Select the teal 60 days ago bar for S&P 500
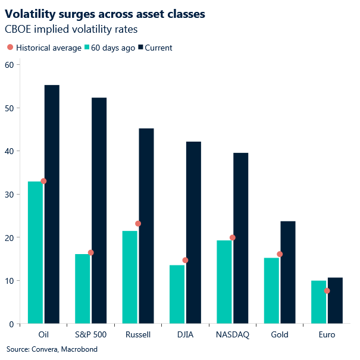83,289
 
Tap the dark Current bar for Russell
146,226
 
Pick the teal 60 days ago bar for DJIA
177,294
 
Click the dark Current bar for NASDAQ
241,238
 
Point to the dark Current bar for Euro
335,300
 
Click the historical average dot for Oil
43,181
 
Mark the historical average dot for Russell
138,224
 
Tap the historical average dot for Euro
327,290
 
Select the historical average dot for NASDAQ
233,237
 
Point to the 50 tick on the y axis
9,108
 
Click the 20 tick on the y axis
9,237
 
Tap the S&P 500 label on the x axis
91,334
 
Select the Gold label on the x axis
280,334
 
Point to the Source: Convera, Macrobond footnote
52,349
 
